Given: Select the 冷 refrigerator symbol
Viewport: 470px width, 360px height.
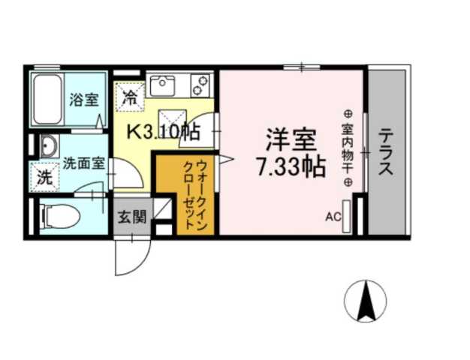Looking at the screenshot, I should click(130, 97).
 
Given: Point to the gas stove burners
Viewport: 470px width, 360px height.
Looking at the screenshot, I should click(201, 84).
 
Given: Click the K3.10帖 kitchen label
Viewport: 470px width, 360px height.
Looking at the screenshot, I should click(161, 133).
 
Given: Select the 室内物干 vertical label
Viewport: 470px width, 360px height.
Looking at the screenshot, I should click(347, 147).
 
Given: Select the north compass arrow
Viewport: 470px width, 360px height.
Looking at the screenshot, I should click(365, 299).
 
